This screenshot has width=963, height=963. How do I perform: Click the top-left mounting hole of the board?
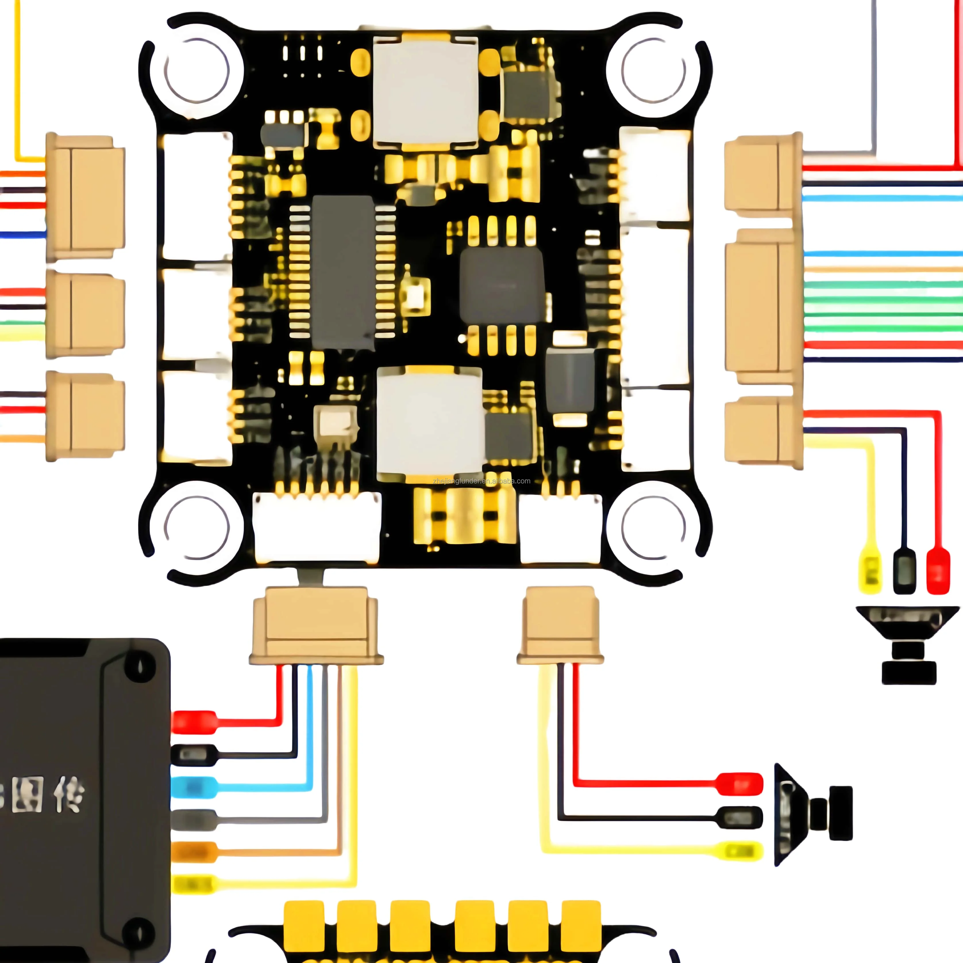(197, 70)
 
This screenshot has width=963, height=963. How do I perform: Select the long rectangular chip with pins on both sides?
(343, 272)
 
